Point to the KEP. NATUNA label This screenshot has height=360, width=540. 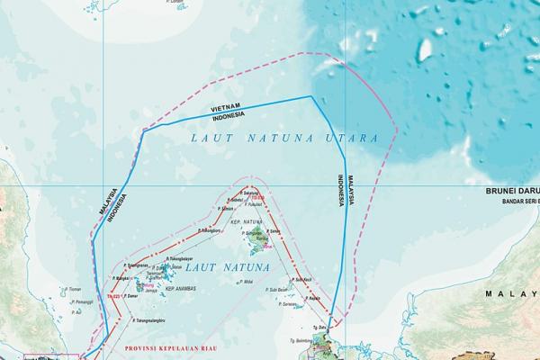[x=246, y=220]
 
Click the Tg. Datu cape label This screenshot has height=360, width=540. [x=318, y=327]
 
